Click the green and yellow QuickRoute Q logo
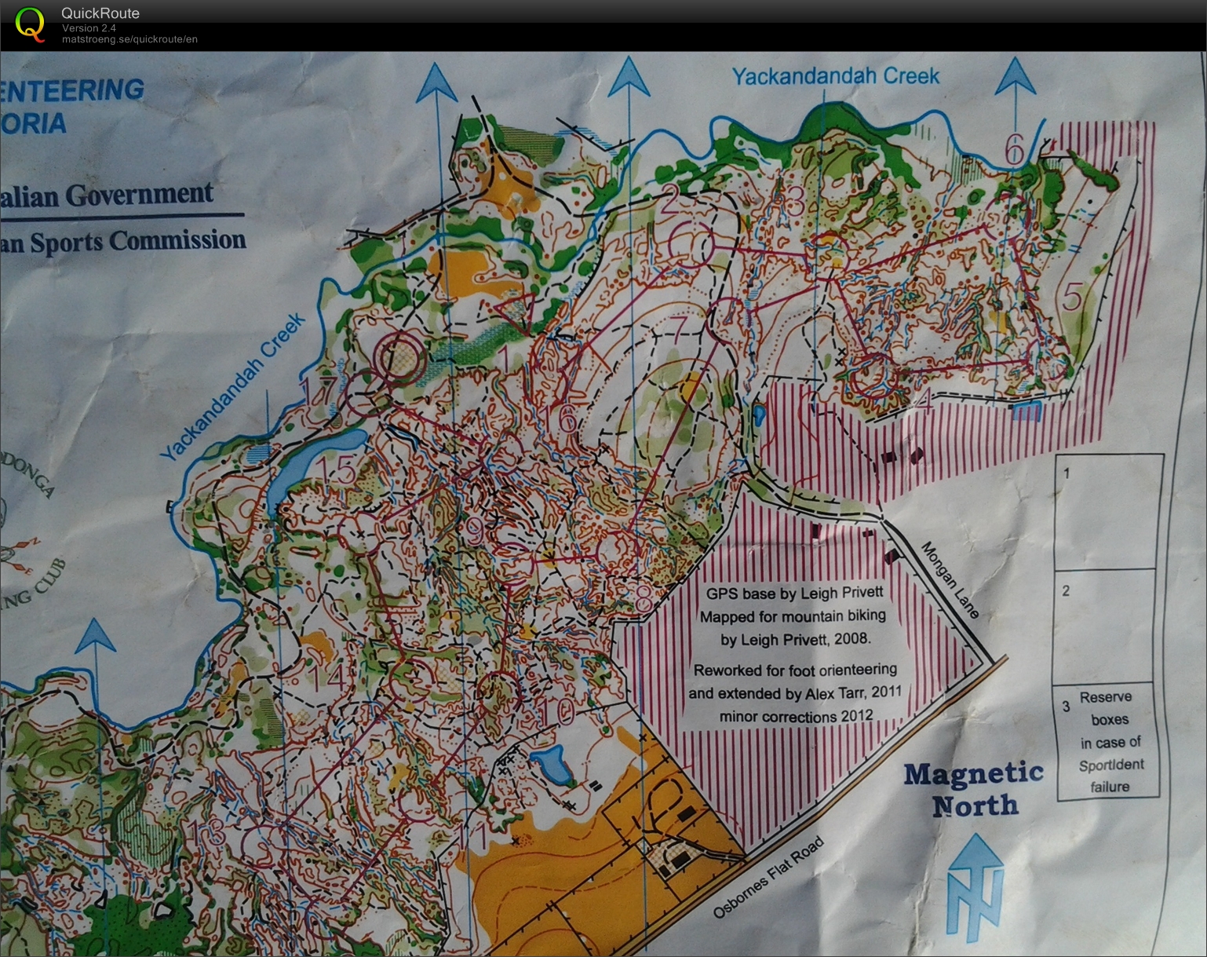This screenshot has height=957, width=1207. click(30, 24)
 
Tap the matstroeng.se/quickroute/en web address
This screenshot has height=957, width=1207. click(129, 39)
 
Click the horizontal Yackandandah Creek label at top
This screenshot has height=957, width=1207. click(835, 76)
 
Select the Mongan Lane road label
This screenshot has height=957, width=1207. click(950, 579)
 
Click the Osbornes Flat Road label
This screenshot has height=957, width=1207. click(768, 878)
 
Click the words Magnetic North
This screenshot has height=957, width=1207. click(974, 789)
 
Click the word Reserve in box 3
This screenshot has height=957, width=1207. click(1105, 697)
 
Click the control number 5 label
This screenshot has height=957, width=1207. click(1071, 298)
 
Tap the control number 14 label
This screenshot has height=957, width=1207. click(325, 677)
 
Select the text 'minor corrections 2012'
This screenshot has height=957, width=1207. click(796, 717)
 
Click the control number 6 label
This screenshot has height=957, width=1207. click(1015, 148)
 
